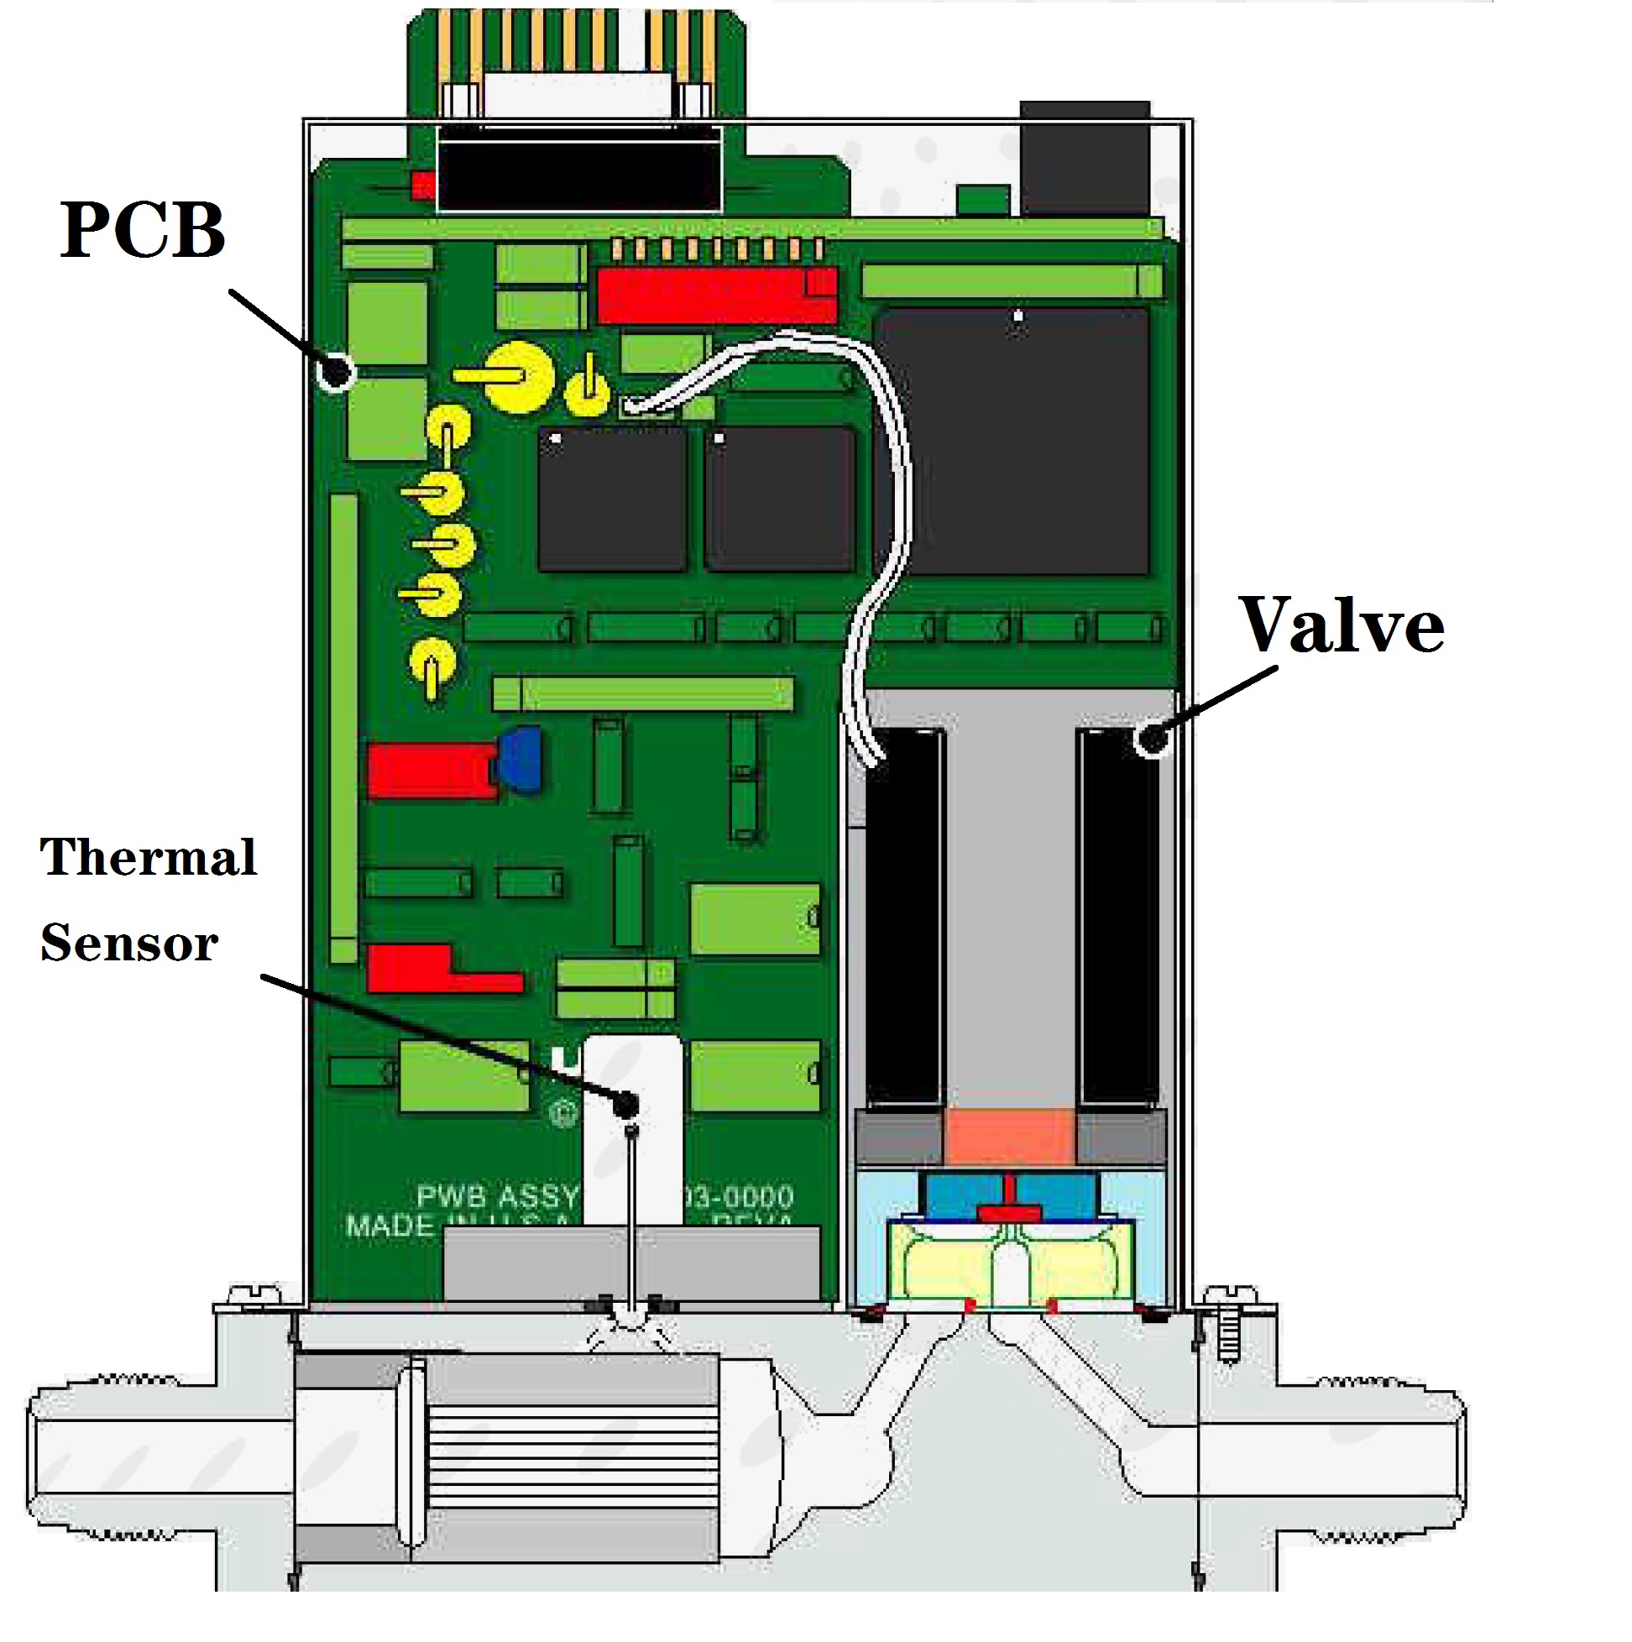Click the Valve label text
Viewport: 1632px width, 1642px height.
point(1342,625)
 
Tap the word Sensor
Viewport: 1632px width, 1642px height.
point(129,943)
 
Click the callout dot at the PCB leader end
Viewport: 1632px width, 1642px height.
point(336,371)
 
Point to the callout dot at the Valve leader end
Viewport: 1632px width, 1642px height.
point(1152,739)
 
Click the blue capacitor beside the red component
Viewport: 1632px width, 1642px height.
point(520,759)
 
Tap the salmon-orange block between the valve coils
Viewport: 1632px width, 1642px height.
point(1010,1137)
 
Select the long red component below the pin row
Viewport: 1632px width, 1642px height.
point(717,295)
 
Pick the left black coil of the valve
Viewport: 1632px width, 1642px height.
point(904,918)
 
